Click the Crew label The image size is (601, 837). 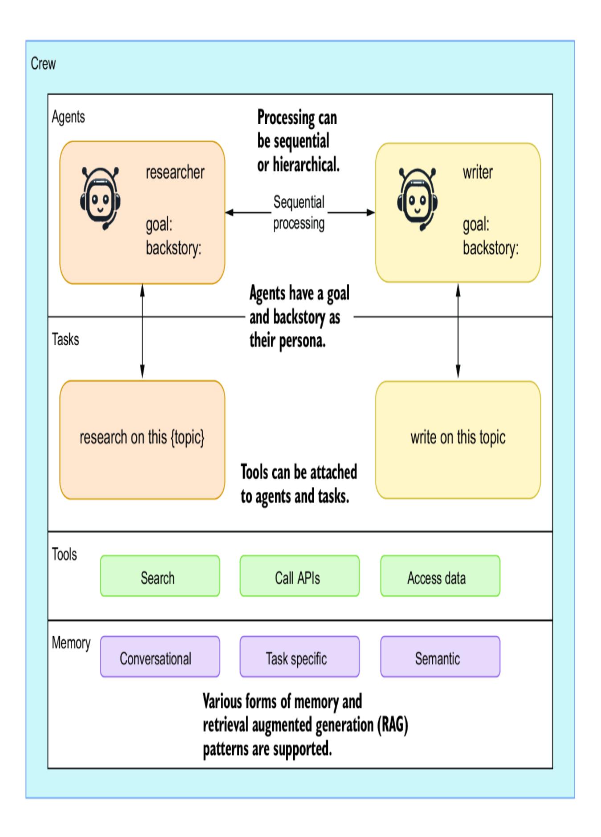pos(43,64)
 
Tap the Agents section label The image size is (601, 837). pos(68,117)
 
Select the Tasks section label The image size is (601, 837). pos(65,339)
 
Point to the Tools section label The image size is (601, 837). pos(64,555)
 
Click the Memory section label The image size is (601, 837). pos(71,643)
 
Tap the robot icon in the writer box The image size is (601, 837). pos(417,198)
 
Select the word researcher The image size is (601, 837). pos(175,172)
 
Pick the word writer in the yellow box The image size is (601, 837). pos(478,172)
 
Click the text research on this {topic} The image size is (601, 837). pos(142,437)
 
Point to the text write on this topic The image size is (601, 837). pos(458,437)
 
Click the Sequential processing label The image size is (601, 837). pos(299,212)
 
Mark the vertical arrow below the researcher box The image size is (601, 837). pos(142,332)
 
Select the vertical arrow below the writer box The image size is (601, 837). pos(458,332)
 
